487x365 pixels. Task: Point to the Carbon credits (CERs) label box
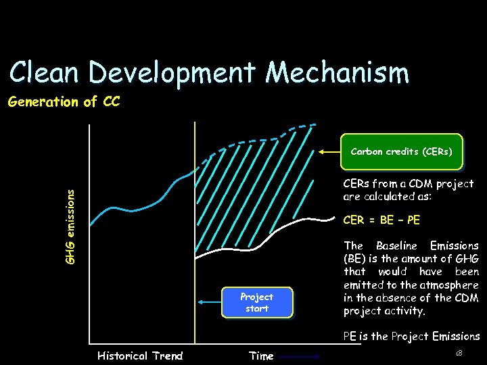pos(401,152)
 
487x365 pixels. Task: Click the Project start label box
pos(257,302)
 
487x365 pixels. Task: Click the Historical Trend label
pos(140,356)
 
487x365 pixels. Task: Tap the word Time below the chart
pos(261,356)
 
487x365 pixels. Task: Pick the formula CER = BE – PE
pos(381,220)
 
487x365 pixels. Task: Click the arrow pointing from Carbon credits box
pos(331,152)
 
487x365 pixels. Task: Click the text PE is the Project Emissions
pos(411,336)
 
